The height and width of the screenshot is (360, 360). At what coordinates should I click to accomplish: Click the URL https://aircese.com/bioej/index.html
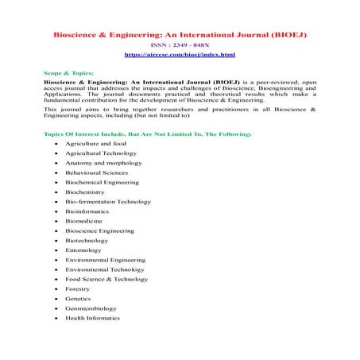(180, 54)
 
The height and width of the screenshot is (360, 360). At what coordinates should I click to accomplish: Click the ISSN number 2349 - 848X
(180, 45)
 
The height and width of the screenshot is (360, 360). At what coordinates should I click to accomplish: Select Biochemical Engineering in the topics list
(102, 182)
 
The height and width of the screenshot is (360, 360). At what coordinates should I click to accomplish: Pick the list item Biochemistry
(87, 192)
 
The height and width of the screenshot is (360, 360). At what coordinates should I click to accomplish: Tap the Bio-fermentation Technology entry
(108, 202)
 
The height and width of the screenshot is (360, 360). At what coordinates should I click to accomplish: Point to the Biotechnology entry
(89, 240)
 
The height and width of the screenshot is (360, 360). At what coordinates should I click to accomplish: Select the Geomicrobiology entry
(91, 308)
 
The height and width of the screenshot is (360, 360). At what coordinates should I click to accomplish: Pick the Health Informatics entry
(93, 318)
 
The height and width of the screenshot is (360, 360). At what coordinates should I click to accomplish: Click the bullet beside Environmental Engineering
(56, 260)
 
